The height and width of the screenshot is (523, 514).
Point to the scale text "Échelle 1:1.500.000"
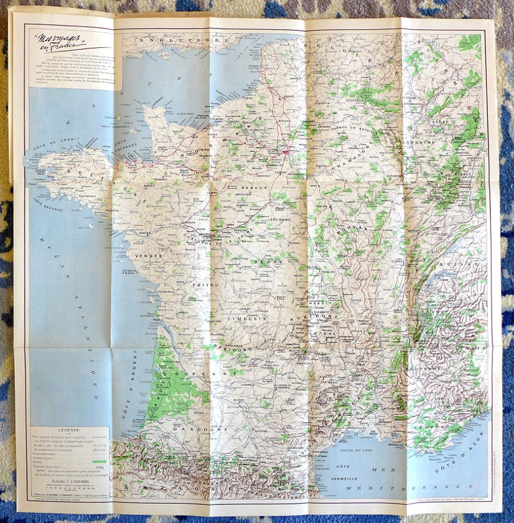69,483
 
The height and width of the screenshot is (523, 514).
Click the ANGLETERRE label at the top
166,40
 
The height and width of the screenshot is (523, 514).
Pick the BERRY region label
268,262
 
